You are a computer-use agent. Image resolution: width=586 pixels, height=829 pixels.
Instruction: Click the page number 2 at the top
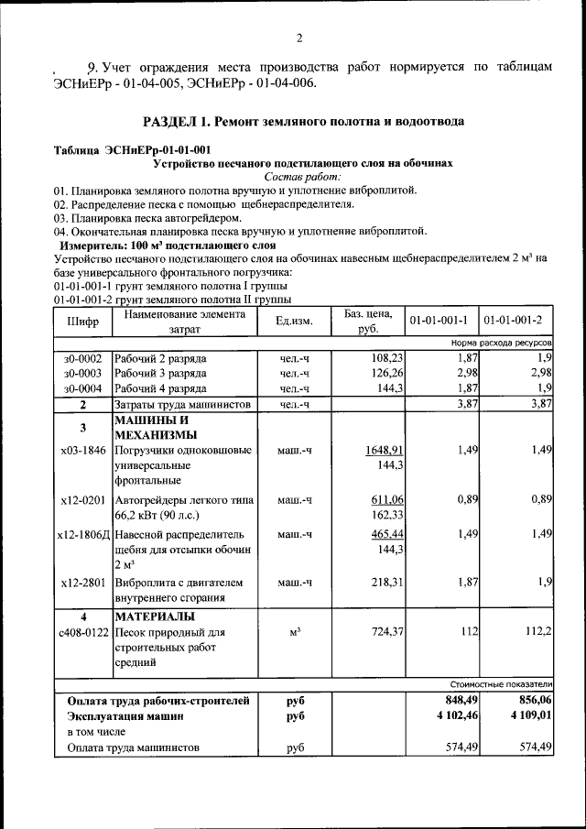tap(298, 38)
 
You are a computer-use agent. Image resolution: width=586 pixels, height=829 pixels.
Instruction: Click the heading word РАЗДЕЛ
tap(174, 121)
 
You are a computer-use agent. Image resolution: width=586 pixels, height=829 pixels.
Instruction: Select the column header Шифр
tap(82, 322)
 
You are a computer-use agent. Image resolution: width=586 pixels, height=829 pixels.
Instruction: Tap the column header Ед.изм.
tap(294, 322)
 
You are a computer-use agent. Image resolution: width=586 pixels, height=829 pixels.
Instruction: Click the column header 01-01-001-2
tap(513, 321)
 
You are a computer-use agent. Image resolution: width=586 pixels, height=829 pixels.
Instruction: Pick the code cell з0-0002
tap(82, 357)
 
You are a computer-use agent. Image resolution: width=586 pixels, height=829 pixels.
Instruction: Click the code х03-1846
tap(82, 451)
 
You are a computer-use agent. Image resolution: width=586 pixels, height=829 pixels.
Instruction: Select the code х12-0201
tap(82, 500)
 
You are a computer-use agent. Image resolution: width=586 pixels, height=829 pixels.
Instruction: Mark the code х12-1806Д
tap(83, 534)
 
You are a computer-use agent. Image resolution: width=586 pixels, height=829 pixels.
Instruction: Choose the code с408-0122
tap(83, 632)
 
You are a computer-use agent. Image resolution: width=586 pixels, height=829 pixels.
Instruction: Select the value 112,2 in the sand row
tap(536, 632)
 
